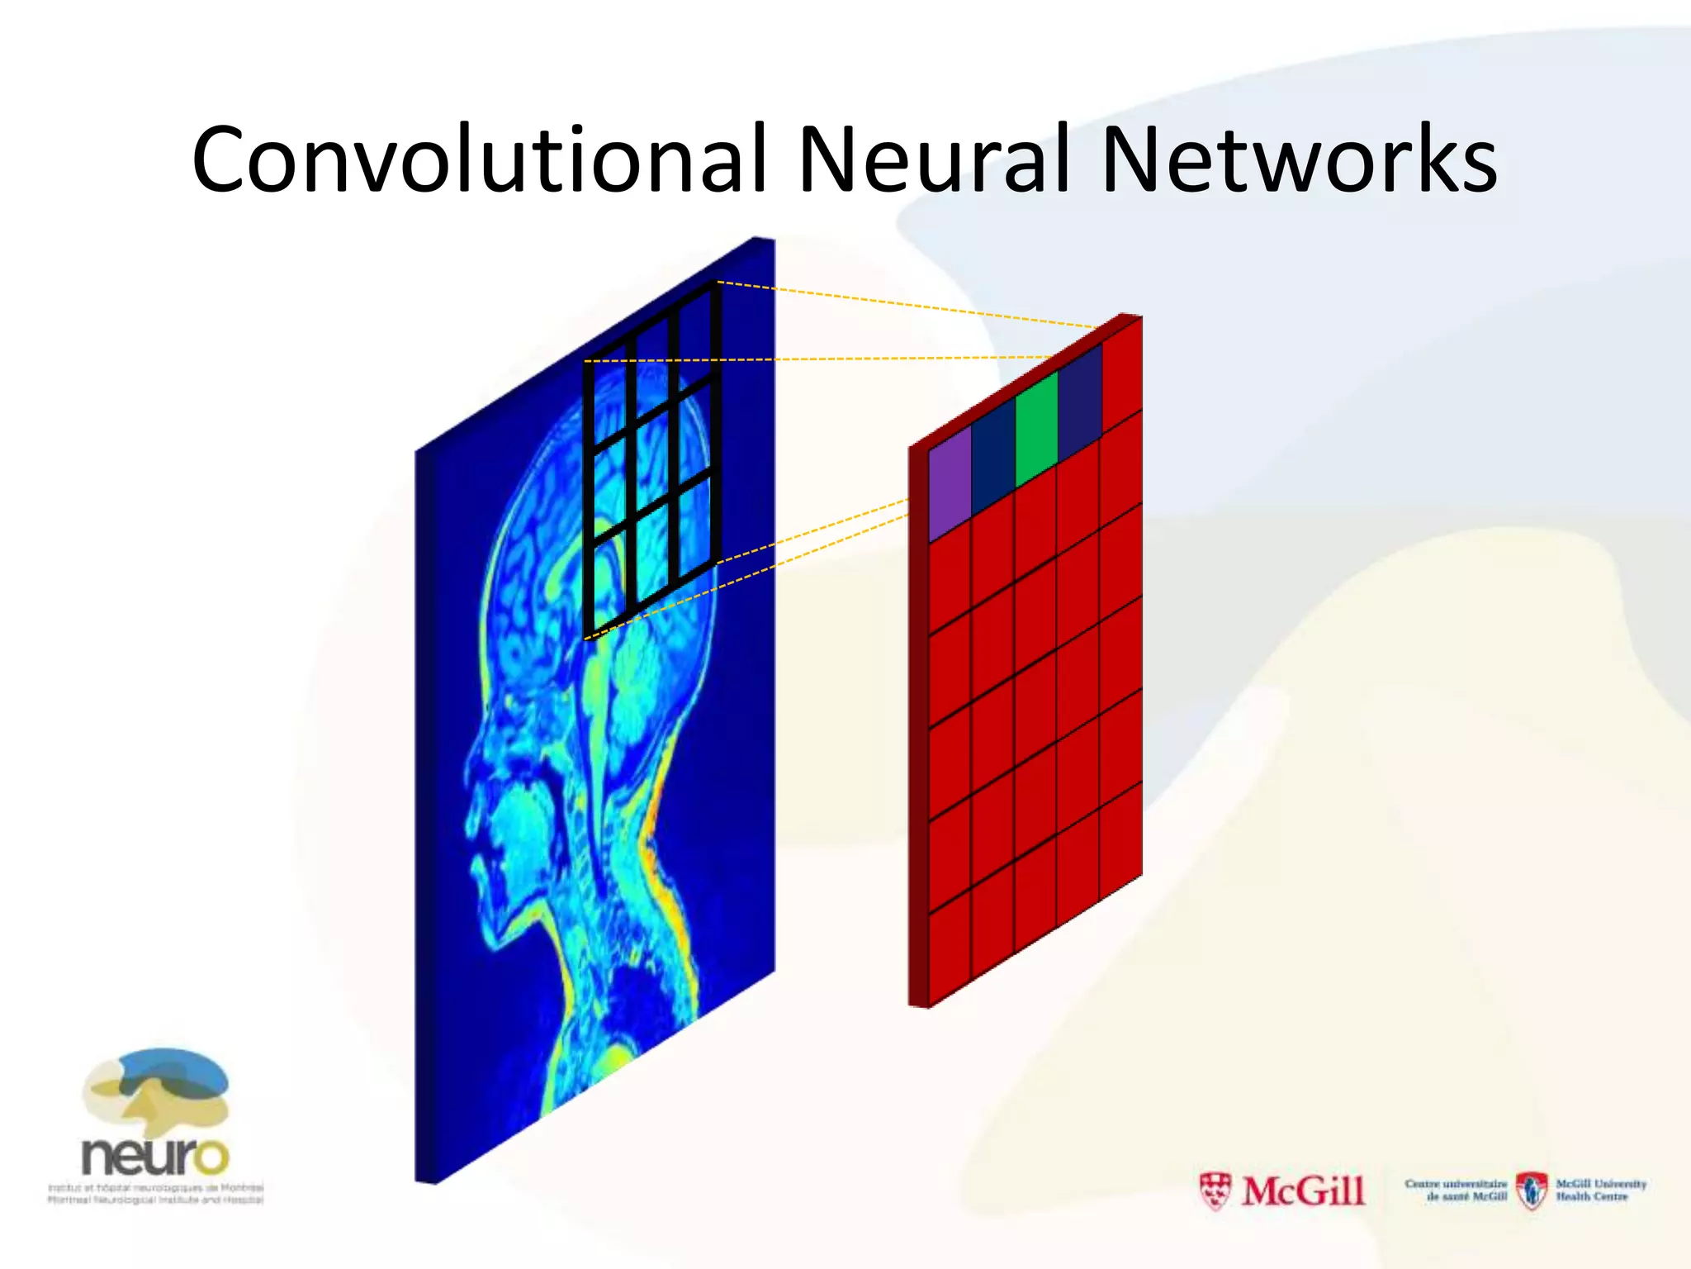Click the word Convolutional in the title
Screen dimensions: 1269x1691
[x=480, y=159]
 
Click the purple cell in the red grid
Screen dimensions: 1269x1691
[x=950, y=483]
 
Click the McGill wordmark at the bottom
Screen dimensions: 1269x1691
[x=1303, y=1191]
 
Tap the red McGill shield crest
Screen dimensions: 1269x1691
[x=1215, y=1191]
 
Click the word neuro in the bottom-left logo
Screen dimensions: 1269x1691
[x=154, y=1156]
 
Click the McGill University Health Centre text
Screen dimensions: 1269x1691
[x=1601, y=1190]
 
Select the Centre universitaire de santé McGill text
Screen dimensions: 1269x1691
[x=1456, y=1190]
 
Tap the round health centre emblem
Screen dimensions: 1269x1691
[x=1532, y=1191]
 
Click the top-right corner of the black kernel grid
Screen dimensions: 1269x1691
[x=716, y=285]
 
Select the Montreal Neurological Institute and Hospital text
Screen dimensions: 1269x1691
[x=155, y=1199]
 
